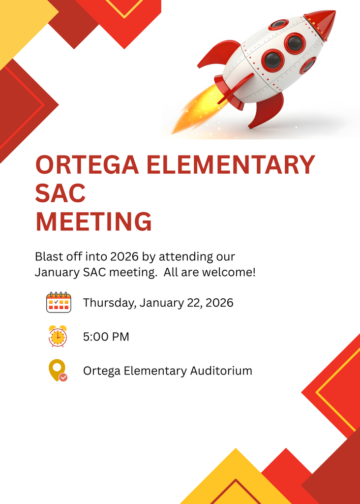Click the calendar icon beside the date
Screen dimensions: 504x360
pos(59,302)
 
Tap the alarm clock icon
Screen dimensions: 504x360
pos(58,336)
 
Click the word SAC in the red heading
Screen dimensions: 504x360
pos(60,193)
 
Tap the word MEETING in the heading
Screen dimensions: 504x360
pos(93,221)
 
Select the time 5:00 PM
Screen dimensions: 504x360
pos(106,337)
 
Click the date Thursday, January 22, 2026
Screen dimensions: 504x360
pos(158,302)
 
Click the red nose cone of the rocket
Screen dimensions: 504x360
pos(322,22)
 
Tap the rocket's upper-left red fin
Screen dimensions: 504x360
pos(220,53)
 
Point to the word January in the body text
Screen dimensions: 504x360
pos(56,272)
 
